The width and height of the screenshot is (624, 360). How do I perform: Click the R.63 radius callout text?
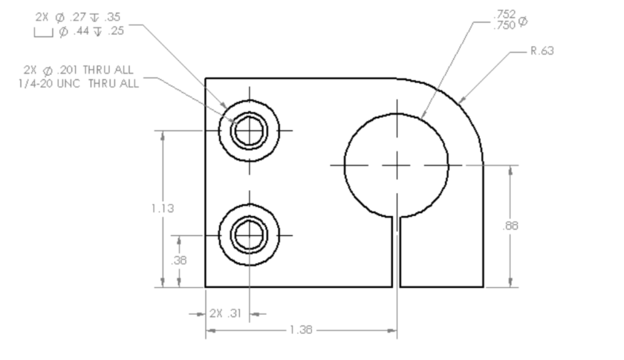tap(541, 51)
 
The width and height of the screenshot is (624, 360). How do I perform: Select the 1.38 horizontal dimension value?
tap(300, 330)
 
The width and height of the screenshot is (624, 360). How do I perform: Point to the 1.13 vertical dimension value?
tap(163, 208)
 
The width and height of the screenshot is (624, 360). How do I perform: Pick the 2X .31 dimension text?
tap(225, 314)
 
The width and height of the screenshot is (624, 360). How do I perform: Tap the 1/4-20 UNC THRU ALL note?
tap(79, 83)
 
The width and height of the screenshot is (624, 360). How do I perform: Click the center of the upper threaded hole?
tap(249, 130)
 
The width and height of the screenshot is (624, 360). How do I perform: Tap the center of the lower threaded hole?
tap(249, 235)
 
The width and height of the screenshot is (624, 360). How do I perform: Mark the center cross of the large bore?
tap(397, 164)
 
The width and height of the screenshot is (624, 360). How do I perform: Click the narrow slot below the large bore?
tap(396, 252)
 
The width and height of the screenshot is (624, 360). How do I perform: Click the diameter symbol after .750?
tap(523, 23)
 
